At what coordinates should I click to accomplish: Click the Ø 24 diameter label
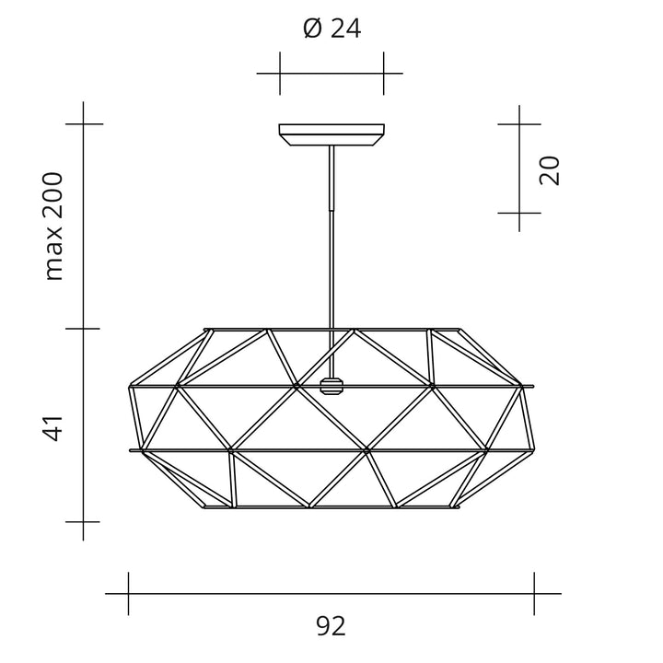[x=331, y=29]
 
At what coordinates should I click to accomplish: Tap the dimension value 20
[x=550, y=169]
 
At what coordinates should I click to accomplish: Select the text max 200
[x=55, y=226]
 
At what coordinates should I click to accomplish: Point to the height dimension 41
[x=55, y=428]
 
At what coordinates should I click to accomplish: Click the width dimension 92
[x=331, y=627]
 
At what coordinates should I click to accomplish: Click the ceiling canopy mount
[x=331, y=135]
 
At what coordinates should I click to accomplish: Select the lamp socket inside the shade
[x=331, y=386]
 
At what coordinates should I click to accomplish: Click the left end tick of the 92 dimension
[x=128, y=594]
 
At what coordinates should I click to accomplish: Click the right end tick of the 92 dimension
[x=535, y=594]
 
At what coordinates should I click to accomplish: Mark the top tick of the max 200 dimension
[x=84, y=123]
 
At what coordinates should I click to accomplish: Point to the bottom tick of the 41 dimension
[x=84, y=521]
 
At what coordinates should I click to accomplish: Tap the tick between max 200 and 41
[x=84, y=327]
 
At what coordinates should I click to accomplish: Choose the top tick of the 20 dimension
[x=519, y=122]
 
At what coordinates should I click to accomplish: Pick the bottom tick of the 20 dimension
[x=519, y=213]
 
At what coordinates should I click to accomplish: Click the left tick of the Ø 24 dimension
[x=280, y=73]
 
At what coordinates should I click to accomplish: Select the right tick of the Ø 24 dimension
[x=383, y=73]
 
